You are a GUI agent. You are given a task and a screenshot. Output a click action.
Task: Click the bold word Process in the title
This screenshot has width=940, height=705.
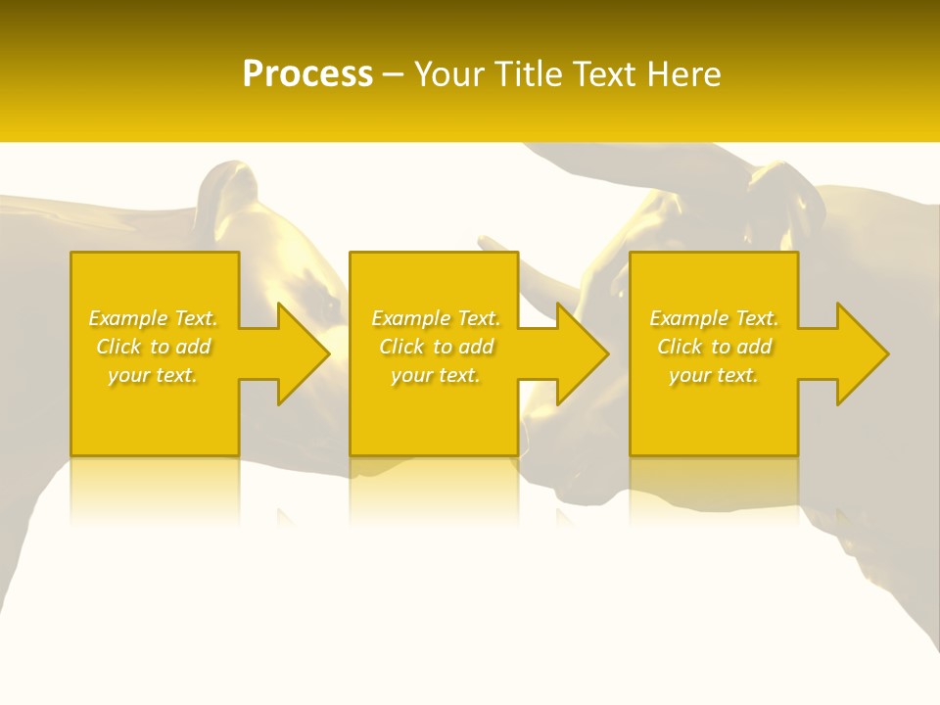(307, 74)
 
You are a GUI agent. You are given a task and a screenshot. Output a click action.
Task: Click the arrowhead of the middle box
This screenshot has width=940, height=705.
(580, 353)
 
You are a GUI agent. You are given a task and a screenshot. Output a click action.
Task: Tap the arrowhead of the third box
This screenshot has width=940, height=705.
(860, 353)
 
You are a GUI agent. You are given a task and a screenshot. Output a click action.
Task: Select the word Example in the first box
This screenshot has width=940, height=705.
(129, 318)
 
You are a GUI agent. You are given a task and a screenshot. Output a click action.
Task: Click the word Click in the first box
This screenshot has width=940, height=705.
(117, 347)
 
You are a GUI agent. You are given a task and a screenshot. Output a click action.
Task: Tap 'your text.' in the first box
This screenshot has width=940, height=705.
(153, 375)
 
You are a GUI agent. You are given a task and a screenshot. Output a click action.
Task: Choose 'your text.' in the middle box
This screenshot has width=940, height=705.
(436, 375)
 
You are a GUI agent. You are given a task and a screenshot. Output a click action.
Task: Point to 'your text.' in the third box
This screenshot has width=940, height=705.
(714, 375)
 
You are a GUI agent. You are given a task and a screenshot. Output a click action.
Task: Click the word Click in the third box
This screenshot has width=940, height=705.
(679, 347)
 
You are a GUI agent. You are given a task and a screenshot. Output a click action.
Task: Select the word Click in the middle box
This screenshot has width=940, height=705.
(400, 347)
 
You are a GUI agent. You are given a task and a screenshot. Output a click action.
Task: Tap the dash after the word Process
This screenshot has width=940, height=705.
(393, 74)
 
